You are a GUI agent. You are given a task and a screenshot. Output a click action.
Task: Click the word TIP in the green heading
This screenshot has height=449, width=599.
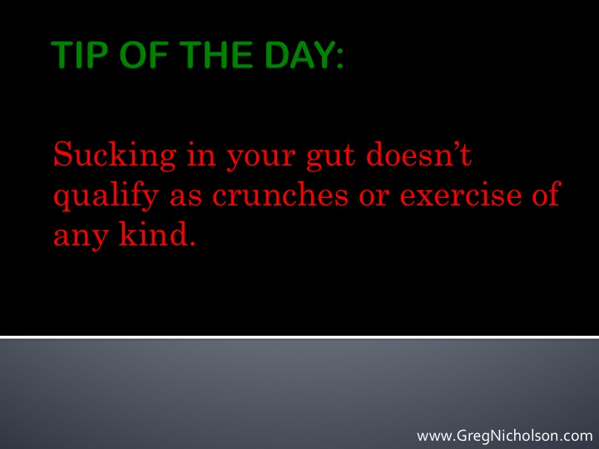[79, 55]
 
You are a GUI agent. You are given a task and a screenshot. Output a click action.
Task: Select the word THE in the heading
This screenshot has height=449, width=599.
[215, 55]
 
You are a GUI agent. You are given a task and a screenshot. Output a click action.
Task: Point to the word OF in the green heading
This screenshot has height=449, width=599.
[144, 55]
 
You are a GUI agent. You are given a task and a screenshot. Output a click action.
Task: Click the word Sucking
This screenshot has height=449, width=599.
[115, 156]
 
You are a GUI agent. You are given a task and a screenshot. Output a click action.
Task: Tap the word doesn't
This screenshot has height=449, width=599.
[419, 154]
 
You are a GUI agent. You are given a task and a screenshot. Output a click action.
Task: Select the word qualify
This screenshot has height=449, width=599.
[106, 196]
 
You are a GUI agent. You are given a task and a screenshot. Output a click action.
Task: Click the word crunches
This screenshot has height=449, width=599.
[280, 194]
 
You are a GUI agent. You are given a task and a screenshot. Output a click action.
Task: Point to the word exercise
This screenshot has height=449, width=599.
[461, 195]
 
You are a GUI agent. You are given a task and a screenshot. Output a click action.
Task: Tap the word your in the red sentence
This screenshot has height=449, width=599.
[261, 159]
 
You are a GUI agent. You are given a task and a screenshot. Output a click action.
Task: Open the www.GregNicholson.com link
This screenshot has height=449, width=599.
[504, 436]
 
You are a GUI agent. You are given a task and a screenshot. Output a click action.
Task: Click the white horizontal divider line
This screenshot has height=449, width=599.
[299, 337]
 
